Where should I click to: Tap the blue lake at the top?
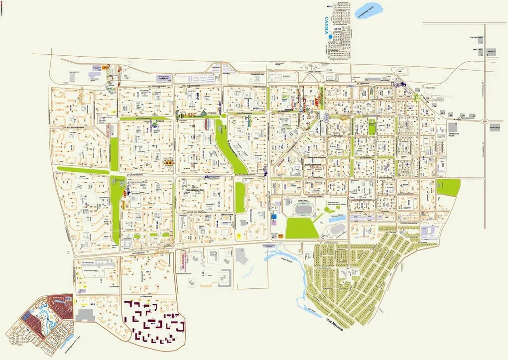(x=369, y=10)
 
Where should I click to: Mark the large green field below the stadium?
(x=302, y=228)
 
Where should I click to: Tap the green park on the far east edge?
(x=448, y=187)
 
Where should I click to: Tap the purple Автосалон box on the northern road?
(x=164, y=78)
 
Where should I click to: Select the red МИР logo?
(x=315, y=102)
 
